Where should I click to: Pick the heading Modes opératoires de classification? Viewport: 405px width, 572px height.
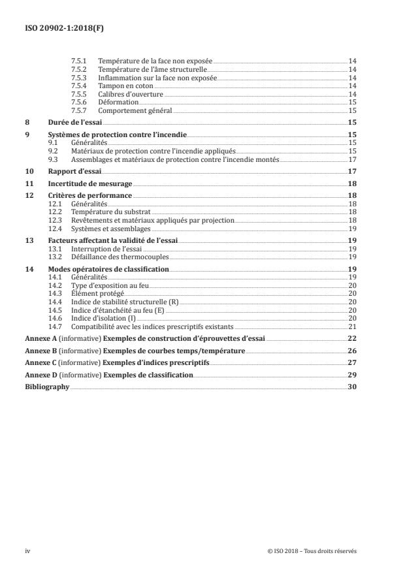[x=108, y=269]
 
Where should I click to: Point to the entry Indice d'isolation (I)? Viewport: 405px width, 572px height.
[x=104, y=317]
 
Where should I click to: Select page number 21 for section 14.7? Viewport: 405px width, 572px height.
[x=351, y=326]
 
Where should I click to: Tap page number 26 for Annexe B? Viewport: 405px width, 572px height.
[x=351, y=351]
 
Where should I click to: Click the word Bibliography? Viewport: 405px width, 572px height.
[x=46, y=387]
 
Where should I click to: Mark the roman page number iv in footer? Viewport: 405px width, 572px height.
[x=28, y=551]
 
